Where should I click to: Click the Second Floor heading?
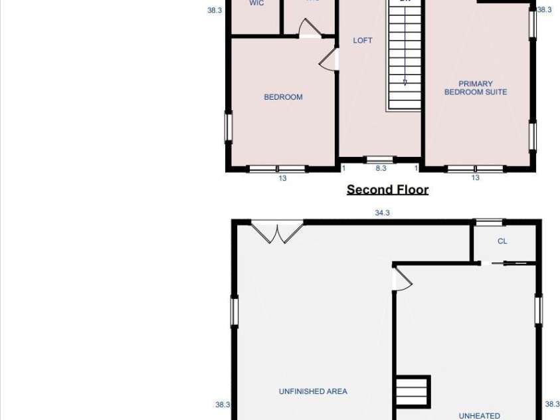(x=387, y=190)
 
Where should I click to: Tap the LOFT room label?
(x=363, y=41)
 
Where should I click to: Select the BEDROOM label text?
(x=283, y=97)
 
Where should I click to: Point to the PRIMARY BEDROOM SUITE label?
(x=476, y=88)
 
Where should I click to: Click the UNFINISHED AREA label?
(x=313, y=391)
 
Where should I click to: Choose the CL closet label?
(x=502, y=241)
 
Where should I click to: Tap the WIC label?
(x=256, y=3)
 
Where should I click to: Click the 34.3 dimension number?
(x=382, y=213)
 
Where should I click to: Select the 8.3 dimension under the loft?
(x=381, y=169)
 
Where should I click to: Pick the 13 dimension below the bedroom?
(x=282, y=178)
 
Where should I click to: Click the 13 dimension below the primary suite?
(x=476, y=178)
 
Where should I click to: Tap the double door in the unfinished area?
(x=277, y=233)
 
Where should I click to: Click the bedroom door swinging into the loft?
(x=329, y=60)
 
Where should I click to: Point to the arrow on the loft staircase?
(x=405, y=82)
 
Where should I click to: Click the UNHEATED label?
(x=479, y=416)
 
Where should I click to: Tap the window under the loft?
(x=381, y=159)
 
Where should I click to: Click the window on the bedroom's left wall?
(x=229, y=128)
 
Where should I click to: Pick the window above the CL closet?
(x=489, y=223)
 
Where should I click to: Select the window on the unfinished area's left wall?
(x=234, y=311)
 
